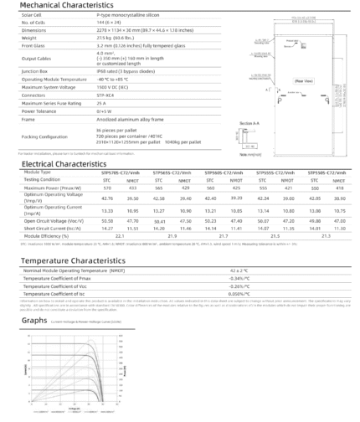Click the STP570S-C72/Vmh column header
[116, 172]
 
